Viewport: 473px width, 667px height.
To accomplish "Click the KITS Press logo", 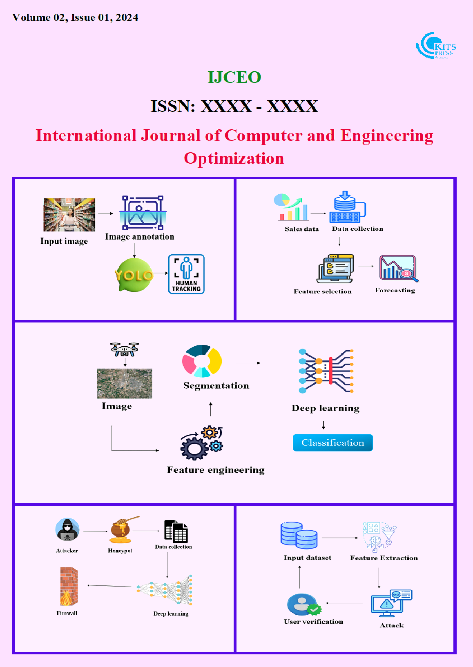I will click(435, 46).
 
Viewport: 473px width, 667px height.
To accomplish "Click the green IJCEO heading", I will click(234, 77).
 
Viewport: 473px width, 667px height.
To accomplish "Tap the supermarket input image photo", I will click(69, 215).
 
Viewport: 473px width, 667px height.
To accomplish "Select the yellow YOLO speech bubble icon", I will click(134, 275).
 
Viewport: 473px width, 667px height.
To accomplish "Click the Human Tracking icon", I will click(186, 274).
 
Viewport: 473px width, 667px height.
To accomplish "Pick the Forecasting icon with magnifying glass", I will click(398, 268).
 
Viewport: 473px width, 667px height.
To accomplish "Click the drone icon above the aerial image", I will click(125, 349).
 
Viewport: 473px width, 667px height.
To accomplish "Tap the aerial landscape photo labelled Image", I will click(125, 383).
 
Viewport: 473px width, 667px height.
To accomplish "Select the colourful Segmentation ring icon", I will click(202, 361).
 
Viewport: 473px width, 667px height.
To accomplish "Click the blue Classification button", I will click(332, 442).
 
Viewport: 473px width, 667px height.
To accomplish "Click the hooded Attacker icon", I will click(67, 530).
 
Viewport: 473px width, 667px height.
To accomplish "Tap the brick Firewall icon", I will click(68, 587).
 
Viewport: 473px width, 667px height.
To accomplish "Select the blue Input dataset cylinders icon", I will click(299, 535).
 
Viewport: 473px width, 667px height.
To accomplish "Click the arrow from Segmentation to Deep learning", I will click(248, 363).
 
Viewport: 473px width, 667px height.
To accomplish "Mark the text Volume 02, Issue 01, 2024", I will click(75, 18).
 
